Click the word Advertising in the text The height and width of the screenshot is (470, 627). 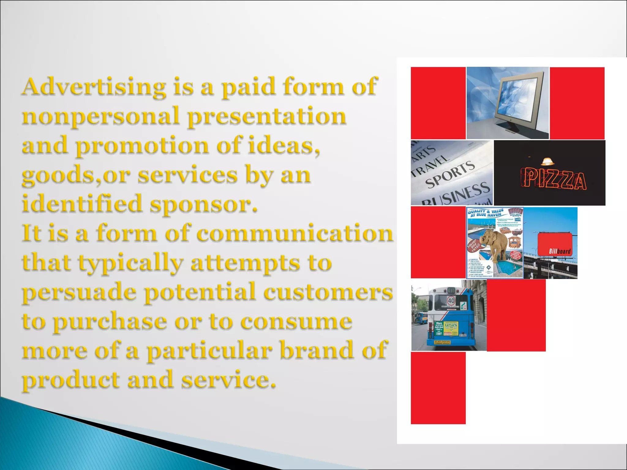click(x=94, y=87)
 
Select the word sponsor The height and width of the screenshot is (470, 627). click(x=203, y=204)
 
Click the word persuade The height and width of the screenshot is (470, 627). click(x=79, y=293)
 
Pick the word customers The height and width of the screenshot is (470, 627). click(x=328, y=292)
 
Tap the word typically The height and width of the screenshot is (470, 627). click(x=130, y=263)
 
